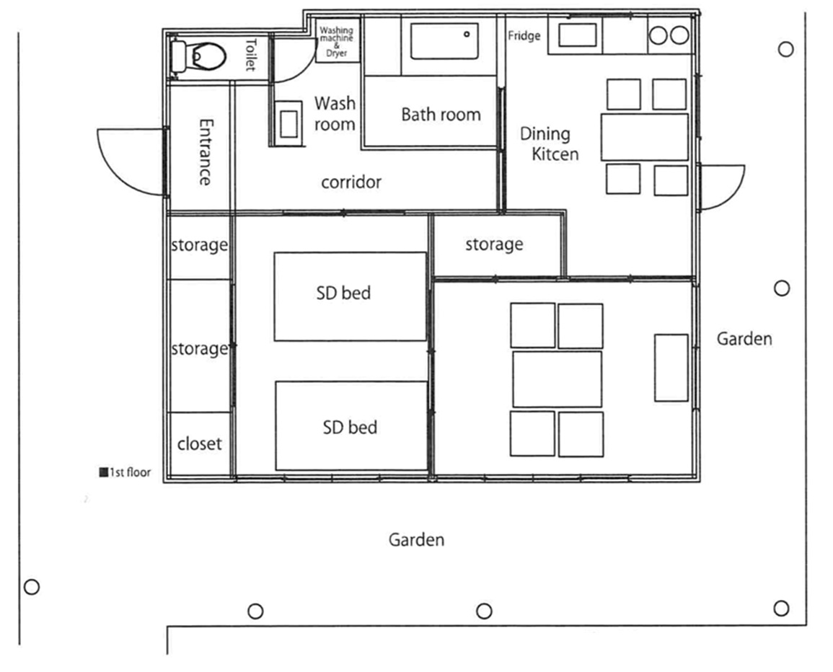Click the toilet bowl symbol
pyautogui.click(x=198, y=56)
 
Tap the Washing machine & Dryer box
pyautogui.click(x=338, y=40)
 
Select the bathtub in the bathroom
pyautogui.click(x=445, y=41)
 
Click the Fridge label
pyautogui.click(x=524, y=35)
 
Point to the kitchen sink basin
pyautogui.click(x=577, y=35)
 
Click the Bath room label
pyautogui.click(x=441, y=114)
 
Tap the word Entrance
pyautogui.click(x=206, y=152)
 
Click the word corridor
pyautogui.click(x=351, y=182)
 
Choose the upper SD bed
pyautogui.click(x=350, y=296)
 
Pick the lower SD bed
pyautogui.click(x=351, y=425)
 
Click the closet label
pyautogui.click(x=199, y=443)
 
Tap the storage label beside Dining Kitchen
pyautogui.click(x=494, y=244)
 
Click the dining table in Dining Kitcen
pyautogui.click(x=645, y=137)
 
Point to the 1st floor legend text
pyautogui.click(x=125, y=472)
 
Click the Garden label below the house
pyautogui.click(x=417, y=540)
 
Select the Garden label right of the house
pyautogui.click(x=744, y=339)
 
